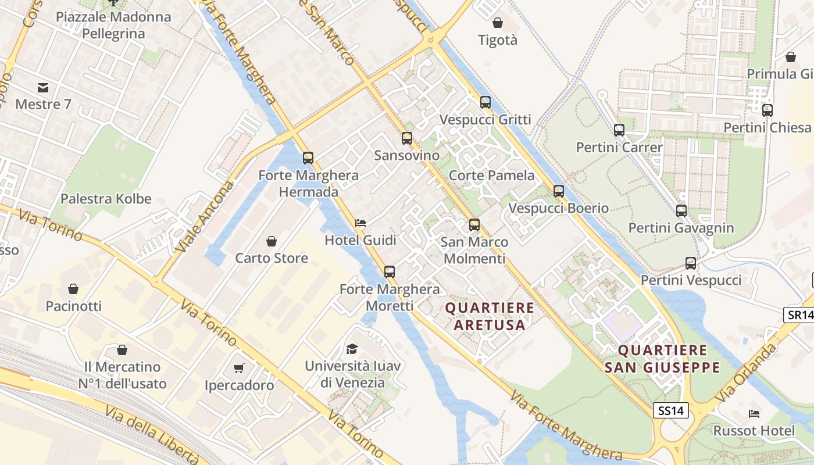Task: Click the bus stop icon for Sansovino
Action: pyautogui.click(x=407, y=138)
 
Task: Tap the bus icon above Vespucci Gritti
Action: pyautogui.click(x=485, y=102)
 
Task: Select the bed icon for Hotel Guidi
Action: pyautogui.click(x=360, y=223)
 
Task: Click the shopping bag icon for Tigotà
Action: pyautogui.click(x=498, y=23)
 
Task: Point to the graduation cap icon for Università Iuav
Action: pyautogui.click(x=352, y=349)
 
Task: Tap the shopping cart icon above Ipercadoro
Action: pyautogui.click(x=239, y=368)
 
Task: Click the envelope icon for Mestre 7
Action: pyautogui.click(x=43, y=88)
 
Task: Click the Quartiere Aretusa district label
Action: pyautogui.click(x=490, y=316)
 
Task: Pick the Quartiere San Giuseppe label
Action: pyautogui.click(x=662, y=359)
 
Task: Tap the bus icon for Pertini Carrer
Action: pyautogui.click(x=619, y=130)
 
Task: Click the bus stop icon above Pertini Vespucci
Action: pyautogui.click(x=691, y=263)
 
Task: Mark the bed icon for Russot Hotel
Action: pyautogui.click(x=754, y=414)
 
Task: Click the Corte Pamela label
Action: pyautogui.click(x=492, y=176)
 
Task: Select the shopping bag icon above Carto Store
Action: pyautogui.click(x=272, y=241)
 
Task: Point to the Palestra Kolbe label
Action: pyautogui.click(x=106, y=199)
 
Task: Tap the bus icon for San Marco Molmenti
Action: pyautogui.click(x=474, y=225)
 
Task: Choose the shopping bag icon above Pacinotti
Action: pyautogui.click(x=73, y=289)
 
